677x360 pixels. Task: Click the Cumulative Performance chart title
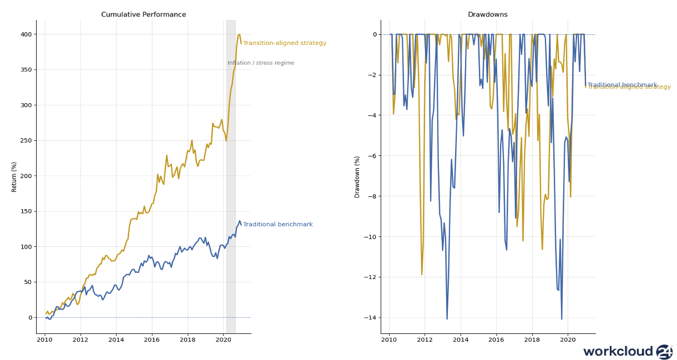pos(143,14)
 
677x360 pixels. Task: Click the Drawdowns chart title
pos(487,14)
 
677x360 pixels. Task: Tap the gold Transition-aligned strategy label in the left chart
pos(285,43)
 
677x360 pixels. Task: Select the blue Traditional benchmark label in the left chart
pos(278,225)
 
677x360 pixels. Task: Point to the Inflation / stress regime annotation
pos(261,63)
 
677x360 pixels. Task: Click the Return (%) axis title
pos(14,176)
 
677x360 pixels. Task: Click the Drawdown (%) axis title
pos(357,176)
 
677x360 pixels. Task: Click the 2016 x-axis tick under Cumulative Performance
pos(151,339)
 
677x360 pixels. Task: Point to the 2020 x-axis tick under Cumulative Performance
pos(223,339)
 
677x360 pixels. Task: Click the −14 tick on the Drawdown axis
pos(370,318)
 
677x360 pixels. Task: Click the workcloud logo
pos(628,351)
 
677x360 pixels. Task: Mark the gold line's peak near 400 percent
pos(239,34)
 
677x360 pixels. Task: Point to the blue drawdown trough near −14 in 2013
pos(447,318)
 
